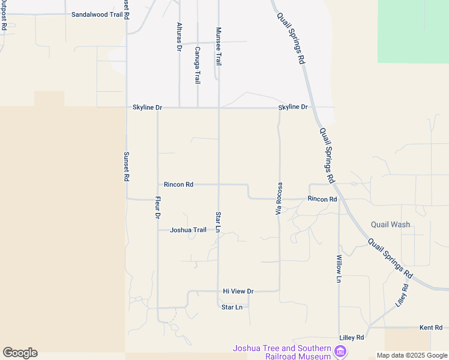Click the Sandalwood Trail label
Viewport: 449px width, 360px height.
97,14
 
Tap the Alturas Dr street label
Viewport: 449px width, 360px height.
179,37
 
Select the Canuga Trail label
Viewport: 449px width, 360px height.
197,64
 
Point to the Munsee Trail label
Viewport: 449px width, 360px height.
219,46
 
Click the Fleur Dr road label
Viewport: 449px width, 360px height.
158,207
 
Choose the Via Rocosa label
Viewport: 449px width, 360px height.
279,199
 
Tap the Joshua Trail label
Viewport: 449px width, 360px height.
188,230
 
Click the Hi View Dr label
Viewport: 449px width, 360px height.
238,291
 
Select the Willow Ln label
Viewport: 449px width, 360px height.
339,268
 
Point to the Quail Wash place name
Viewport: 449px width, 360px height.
390,225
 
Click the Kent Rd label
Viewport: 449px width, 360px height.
431,328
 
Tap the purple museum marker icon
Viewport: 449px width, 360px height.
341,351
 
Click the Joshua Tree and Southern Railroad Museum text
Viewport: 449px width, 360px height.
282,352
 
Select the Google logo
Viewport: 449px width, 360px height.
20,353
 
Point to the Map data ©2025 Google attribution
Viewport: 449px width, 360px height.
412,355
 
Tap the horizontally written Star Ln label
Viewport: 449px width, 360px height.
232,307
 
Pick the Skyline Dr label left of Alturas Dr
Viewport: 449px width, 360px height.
147,107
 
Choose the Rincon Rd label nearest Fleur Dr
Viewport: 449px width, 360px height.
178,185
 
